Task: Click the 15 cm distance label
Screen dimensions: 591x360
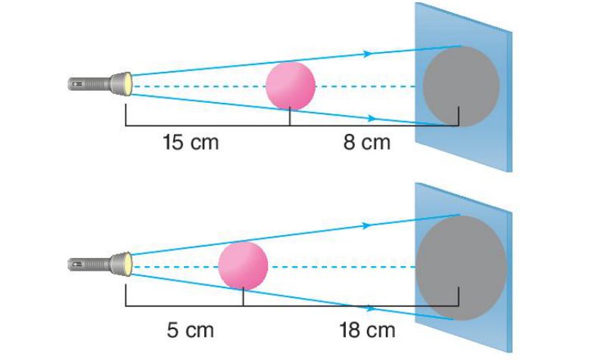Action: (x=191, y=142)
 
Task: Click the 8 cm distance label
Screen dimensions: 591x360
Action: (x=367, y=142)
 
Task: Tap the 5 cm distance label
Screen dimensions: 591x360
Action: (x=191, y=330)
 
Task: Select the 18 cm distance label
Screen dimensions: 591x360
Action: (x=367, y=330)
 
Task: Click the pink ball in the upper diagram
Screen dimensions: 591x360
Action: (x=291, y=86)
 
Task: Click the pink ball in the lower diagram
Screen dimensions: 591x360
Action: (x=243, y=266)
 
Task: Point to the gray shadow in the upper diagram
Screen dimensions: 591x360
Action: (x=461, y=87)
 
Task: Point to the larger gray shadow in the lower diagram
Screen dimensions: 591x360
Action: (x=462, y=268)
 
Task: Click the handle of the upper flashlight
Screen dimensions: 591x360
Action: (x=89, y=84)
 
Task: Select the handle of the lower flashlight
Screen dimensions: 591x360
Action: (x=89, y=264)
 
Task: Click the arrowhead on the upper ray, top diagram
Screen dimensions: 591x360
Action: (x=369, y=54)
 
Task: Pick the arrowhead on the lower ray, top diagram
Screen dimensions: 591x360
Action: (x=372, y=118)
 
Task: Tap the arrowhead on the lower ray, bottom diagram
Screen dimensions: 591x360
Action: (x=372, y=309)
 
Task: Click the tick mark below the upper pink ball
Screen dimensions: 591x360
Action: (x=290, y=116)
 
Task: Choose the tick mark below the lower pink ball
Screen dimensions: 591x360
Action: (x=243, y=297)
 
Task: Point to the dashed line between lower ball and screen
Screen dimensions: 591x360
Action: (x=342, y=267)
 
